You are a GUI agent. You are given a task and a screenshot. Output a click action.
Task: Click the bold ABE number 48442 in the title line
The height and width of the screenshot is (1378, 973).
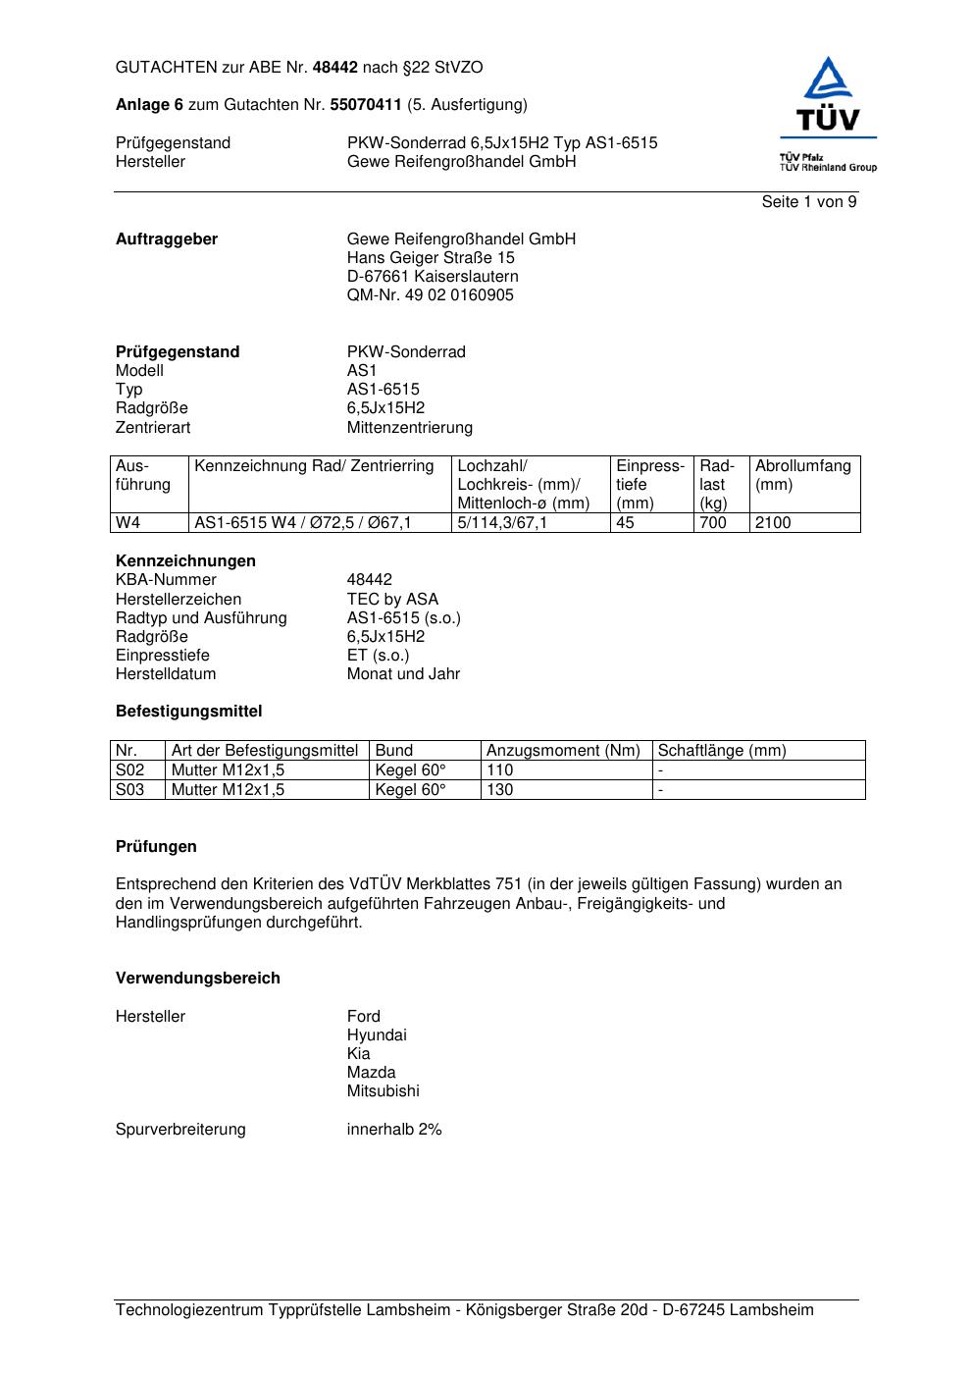click(335, 68)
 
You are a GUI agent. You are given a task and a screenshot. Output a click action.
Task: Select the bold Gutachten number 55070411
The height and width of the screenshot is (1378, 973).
click(366, 105)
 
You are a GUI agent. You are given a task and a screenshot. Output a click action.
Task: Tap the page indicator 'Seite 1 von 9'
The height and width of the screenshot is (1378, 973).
click(809, 202)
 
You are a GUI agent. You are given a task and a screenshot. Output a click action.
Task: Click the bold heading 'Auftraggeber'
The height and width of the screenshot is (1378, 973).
click(167, 239)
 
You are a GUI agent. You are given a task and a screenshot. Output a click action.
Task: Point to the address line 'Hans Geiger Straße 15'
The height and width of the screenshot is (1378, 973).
click(431, 258)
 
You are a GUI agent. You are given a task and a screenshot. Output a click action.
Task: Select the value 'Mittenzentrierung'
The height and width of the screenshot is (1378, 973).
click(409, 428)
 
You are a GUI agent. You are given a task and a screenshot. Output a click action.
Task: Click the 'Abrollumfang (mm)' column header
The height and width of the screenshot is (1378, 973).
click(802, 475)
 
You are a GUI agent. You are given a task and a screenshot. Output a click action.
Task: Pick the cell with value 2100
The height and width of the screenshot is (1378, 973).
click(773, 523)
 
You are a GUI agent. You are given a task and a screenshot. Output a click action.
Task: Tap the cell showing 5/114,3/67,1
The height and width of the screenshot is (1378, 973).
click(502, 523)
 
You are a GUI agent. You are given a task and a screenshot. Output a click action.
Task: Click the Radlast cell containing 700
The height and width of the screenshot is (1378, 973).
click(713, 523)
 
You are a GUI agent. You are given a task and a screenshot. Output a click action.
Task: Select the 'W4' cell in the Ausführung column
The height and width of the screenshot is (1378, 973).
click(128, 523)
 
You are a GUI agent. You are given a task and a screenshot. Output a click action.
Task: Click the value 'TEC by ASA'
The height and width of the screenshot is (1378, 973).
click(392, 600)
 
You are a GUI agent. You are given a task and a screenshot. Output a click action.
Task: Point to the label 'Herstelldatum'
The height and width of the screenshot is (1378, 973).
click(166, 674)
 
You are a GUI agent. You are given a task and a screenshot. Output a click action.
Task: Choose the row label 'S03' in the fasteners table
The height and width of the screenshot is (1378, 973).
click(130, 790)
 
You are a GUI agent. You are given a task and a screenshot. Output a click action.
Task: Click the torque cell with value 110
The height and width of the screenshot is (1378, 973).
click(500, 770)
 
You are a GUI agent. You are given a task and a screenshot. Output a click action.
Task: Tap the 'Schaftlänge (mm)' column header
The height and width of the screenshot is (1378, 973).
click(722, 751)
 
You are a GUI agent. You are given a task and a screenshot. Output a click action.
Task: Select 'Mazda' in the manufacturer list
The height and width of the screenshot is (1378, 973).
click(371, 1073)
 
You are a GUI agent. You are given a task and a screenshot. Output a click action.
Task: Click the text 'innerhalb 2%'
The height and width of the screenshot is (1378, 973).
click(394, 1130)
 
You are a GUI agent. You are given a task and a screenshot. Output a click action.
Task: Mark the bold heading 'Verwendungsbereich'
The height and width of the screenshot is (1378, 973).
click(198, 979)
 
